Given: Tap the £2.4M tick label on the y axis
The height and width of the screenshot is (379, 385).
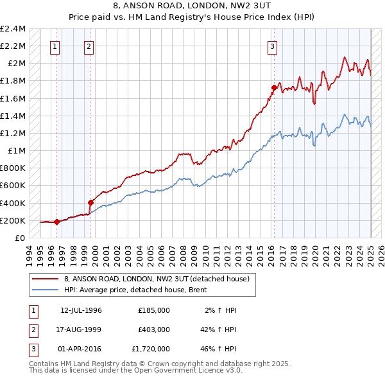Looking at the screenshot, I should [x=13, y=29].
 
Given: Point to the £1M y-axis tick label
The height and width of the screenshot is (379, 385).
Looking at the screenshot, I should [x=17, y=151].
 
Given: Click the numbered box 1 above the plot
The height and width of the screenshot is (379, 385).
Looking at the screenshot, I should [x=56, y=46].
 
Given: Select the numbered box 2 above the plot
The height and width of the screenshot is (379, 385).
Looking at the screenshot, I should [x=89, y=46].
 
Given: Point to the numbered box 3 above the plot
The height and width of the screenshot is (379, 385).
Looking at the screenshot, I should [x=273, y=46].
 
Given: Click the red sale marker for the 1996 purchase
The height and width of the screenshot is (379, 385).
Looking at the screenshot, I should [x=56, y=222].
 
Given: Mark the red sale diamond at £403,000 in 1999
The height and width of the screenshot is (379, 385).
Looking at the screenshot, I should [x=90, y=203].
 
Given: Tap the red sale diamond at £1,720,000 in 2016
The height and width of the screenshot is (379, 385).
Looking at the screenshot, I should [x=274, y=87].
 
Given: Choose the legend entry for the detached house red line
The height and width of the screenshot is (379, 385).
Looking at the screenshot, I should [x=160, y=279].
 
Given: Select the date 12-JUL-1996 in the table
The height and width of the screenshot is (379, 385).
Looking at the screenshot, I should [x=81, y=310].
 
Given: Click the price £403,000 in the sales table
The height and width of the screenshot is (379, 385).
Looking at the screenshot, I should [x=154, y=330].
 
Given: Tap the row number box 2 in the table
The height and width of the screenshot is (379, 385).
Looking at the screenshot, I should [x=32, y=330].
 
